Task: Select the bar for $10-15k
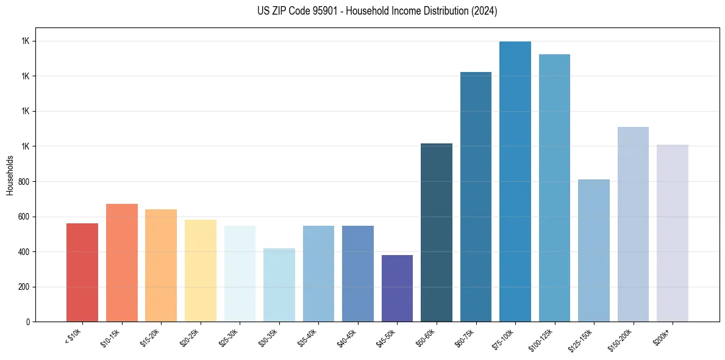click(x=121, y=262)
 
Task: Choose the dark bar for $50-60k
click(x=437, y=232)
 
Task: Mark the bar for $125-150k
click(x=594, y=250)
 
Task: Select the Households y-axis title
click(x=10, y=175)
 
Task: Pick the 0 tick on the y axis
click(x=29, y=322)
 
